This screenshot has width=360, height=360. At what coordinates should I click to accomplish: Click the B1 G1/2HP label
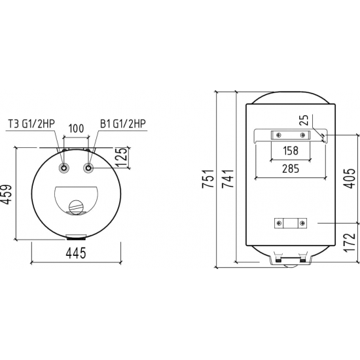click(x=124, y=123)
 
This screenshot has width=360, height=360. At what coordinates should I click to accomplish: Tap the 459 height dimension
click(x=7, y=195)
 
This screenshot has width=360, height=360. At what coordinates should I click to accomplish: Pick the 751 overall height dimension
click(x=209, y=180)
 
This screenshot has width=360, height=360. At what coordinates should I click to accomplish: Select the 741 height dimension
click(x=228, y=180)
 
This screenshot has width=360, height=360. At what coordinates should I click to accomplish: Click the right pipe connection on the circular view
click(x=88, y=169)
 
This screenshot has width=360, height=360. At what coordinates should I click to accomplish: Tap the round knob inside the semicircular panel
click(x=77, y=207)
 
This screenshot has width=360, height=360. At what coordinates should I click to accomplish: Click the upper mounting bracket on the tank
click(x=290, y=135)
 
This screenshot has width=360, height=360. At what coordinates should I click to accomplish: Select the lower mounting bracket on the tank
click(x=290, y=223)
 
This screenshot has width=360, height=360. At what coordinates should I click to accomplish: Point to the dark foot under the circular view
click(x=77, y=237)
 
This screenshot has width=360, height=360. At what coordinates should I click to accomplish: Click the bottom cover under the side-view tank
click(x=290, y=261)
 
